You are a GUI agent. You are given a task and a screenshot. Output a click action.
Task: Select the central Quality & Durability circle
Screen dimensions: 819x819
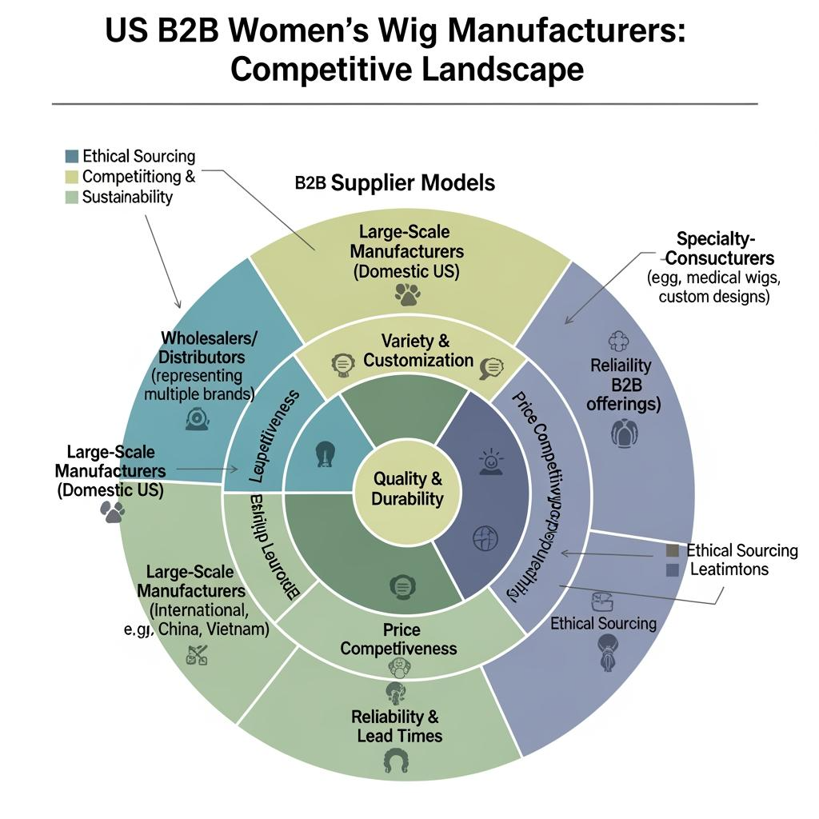407,489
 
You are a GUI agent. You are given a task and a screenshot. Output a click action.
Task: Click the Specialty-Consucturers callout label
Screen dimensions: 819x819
720,248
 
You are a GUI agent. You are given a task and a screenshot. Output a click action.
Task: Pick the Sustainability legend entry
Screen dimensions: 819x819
127,197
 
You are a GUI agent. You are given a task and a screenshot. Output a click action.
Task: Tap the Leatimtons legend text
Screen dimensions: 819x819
729,569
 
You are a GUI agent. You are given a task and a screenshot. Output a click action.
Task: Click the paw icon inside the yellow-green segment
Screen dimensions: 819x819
407,296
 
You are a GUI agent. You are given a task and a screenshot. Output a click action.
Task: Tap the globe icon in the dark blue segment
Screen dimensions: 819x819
485,537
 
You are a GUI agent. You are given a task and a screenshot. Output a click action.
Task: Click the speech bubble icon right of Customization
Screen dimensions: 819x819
489,368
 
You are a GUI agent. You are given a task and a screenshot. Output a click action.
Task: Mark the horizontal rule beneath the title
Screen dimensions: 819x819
404,104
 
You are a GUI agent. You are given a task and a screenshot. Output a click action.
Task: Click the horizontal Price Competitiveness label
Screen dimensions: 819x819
398,639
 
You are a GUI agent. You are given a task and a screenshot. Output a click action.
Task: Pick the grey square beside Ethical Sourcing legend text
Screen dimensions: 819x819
672,550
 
